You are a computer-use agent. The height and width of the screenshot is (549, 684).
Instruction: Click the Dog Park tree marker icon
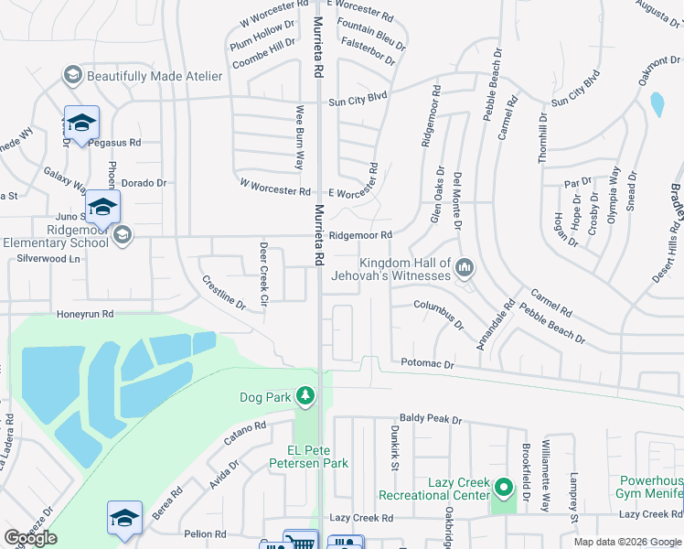(x=305, y=396)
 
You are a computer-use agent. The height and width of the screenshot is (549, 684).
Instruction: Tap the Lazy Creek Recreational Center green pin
(x=503, y=487)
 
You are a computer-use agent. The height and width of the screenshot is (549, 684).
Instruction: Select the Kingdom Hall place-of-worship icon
(x=465, y=268)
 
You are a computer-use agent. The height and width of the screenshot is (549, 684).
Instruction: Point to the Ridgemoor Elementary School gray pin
(x=123, y=236)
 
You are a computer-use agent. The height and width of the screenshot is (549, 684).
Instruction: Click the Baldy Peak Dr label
(x=431, y=419)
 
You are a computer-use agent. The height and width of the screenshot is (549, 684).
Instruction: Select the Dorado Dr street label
(x=144, y=183)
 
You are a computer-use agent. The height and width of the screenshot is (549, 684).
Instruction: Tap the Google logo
(x=30, y=538)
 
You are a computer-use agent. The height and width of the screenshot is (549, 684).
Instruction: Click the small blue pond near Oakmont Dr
(x=657, y=104)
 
